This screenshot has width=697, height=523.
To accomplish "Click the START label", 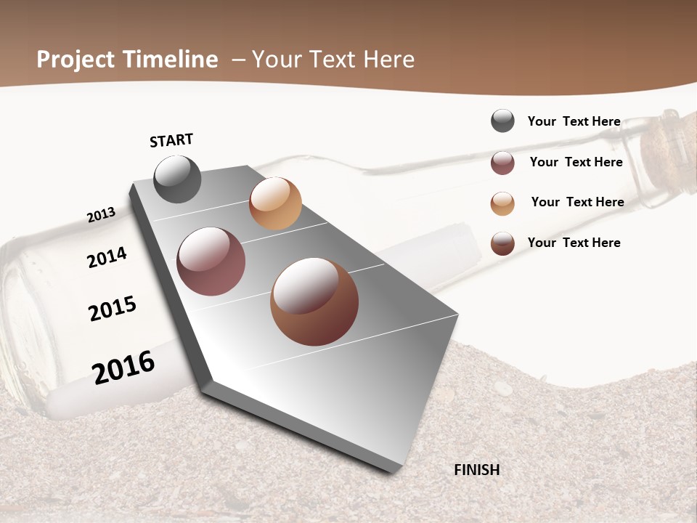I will tap(171, 140).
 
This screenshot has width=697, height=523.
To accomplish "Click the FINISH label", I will tap(476, 470).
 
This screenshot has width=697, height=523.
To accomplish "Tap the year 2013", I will tap(101, 215).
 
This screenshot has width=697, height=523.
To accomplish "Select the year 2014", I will tap(107, 257).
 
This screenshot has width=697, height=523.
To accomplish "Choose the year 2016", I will tap(123, 367).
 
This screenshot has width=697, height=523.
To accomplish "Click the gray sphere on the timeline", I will tap(177, 179).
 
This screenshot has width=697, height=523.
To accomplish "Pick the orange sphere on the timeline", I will tap(275, 203).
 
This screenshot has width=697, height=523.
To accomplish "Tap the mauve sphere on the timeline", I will tap(211, 261).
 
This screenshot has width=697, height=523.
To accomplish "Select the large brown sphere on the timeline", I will tap(314, 301).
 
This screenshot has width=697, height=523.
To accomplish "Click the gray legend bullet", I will tap(502, 121).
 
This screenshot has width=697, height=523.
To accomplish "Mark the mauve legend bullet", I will tap(502, 163).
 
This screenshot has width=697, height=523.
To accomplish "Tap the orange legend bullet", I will tap(502, 203).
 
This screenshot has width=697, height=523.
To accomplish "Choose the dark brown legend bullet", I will tap(502, 243).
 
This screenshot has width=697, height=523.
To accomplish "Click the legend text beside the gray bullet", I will tap(574, 121).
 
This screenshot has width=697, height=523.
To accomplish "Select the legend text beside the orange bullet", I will tap(577, 202).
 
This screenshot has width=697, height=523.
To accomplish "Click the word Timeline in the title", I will tap(169, 60).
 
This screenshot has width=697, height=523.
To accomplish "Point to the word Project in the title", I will tap(76, 60).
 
